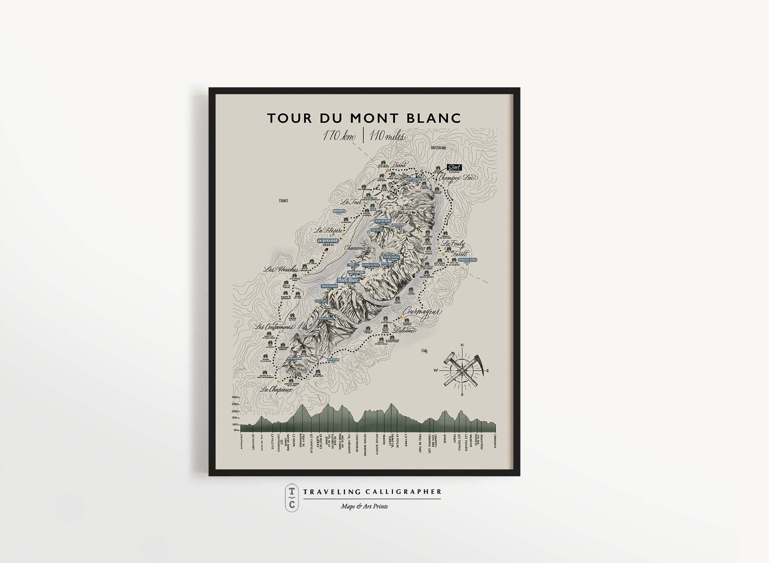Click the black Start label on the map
point(454,167)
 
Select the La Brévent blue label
point(328,241)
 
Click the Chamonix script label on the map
point(355,248)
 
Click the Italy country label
point(424,351)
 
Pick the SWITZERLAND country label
point(438,148)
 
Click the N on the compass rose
point(462,345)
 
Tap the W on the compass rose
point(436,371)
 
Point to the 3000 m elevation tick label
point(235,397)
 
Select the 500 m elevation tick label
point(236,430)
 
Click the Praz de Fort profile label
point(421,444)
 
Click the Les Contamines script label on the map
point(275,327)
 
